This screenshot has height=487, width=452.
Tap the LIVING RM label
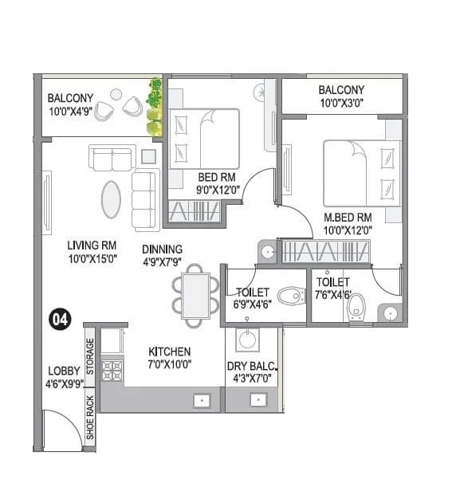(x=92, y=246)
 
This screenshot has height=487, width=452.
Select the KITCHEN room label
(x=170, y=352)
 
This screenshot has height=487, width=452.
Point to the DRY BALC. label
(x=252, y=367)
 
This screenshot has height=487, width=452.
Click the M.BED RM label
(x=348, y=217)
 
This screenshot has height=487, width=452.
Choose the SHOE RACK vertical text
(x=90, y=418)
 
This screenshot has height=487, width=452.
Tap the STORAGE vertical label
(x=90, y=356)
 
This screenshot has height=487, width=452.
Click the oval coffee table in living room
(x=111, y=199)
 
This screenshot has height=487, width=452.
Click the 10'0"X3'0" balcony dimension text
(x=341, y=104)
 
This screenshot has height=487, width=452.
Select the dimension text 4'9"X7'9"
(x=163, y=261)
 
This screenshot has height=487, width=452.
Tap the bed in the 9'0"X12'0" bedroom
(x=205, y=139)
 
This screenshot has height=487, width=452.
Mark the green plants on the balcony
(x=155, y=108)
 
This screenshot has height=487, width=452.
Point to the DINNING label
(x=163, y=249)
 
